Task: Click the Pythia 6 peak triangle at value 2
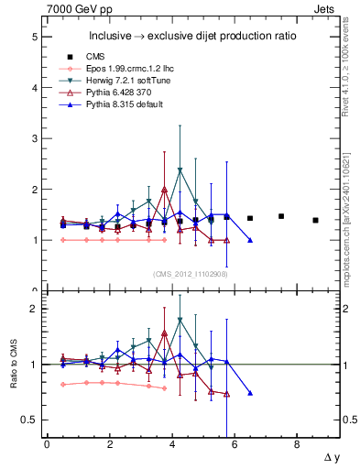coord(164,190)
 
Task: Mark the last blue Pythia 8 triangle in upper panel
coord(250,240)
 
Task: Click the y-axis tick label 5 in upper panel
coord(34,38)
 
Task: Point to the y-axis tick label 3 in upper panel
coord(34,139)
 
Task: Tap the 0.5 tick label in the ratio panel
coord(29,420)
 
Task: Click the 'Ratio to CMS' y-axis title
coord(12,364)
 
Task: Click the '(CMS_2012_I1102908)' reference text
coord(191,274)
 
